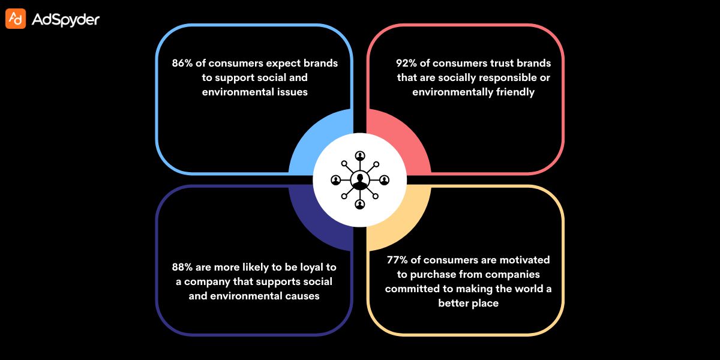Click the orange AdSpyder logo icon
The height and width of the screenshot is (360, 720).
point(16,19)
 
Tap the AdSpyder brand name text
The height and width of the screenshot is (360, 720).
point(65,20)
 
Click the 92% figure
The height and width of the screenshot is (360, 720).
point(407,63)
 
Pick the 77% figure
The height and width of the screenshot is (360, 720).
point(398,260)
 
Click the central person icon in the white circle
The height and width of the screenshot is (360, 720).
point(360,179)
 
